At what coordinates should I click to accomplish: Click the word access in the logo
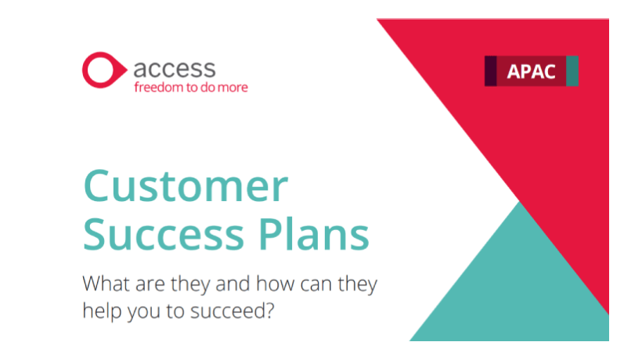pos(174,67)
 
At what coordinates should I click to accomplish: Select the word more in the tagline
pos(233,87)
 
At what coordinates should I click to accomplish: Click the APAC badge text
pos(531,71)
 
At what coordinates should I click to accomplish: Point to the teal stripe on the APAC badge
pos(572,71)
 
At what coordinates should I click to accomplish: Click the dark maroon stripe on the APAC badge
pos(491,71)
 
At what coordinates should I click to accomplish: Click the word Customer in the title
pos(186,189)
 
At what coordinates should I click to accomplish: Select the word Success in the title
pos(159,234)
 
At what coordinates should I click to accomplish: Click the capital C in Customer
pos(99,189)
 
